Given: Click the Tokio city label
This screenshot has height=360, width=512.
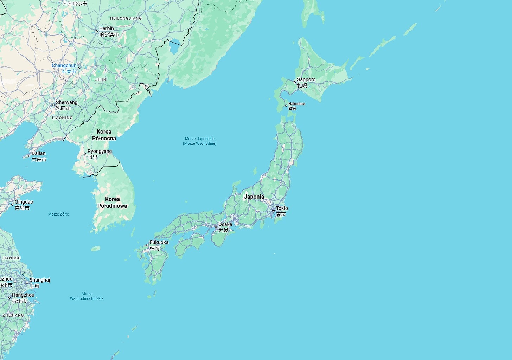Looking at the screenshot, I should click(282, 208).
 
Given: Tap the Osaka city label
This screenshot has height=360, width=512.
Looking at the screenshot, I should click(225, 224).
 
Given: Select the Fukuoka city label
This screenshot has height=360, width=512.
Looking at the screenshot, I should click(159, 242).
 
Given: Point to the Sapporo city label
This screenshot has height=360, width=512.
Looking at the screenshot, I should click(306, 79).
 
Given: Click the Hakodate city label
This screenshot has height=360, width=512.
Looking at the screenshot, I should click(296, 104).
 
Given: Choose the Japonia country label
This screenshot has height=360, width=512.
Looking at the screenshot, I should click(254, 197).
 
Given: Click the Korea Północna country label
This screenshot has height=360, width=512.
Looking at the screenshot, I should click(104, 135).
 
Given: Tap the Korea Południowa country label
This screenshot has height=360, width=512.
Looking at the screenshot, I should click(112, 202).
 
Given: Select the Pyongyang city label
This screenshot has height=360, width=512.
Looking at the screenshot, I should click(100, 151).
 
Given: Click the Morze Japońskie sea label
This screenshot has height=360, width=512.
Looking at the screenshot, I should click(199, 141).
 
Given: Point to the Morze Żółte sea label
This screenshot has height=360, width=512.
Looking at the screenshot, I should click(58, 214).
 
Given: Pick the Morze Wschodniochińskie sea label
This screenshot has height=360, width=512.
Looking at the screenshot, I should click(87, 296).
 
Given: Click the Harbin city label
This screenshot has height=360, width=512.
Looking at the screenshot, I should click(106, 28).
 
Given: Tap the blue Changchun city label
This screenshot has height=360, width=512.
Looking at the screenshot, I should click(64, 65).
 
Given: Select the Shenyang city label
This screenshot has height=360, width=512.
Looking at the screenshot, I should click(66, 102).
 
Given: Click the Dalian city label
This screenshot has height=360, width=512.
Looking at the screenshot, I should click(38, 153).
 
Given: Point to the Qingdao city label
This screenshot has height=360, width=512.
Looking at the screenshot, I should click(24, 202).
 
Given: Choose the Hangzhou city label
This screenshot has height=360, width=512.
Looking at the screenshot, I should click(23, 295).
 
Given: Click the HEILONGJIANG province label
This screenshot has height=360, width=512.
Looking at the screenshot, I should click(126, 18).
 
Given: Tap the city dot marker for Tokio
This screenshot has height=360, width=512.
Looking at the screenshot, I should click(273, 211).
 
